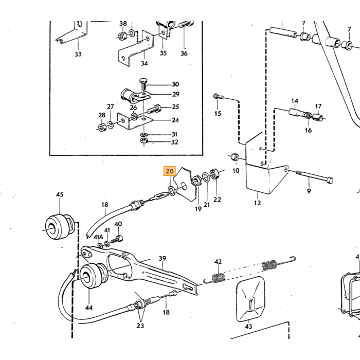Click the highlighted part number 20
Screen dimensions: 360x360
[x=169, y=171]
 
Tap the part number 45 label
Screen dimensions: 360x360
[x=60, y=194]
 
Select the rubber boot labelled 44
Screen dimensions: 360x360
[x=94, y=276]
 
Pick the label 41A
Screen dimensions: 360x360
[x=98, y=237]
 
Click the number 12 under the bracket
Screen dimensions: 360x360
[x=257, y=203]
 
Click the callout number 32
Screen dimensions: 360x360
[x=175, y=142]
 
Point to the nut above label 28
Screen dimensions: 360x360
[x=102, y=127]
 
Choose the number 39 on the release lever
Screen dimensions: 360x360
[x=163, y=259]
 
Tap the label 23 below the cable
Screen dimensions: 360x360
[x=140, y=326]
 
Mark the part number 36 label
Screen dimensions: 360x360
[x=184, y=53]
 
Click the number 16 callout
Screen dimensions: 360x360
[x=309, y=130]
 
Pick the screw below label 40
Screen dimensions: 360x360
[x=117, y=239]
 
